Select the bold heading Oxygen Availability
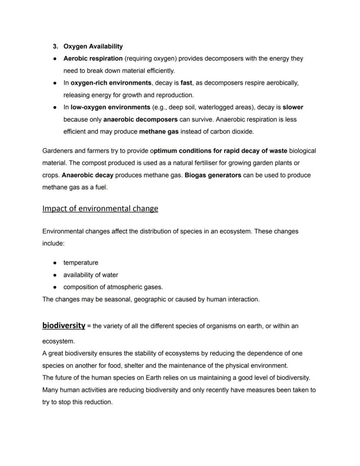tap(93, 47)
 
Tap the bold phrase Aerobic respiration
tap(93, 59)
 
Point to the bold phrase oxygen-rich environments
tap(111, 83)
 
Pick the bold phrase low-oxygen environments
tap(110, 107)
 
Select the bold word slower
tap(293, 107)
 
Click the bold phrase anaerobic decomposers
tap(140, 120)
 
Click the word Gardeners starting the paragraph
tap(58, 151)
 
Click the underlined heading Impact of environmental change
tap(100, 209)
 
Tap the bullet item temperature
tap(81, 263)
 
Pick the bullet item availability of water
tap(90, 275)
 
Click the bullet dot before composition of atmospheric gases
tap(55, 287)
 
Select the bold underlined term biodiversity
tap(63, 325)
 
